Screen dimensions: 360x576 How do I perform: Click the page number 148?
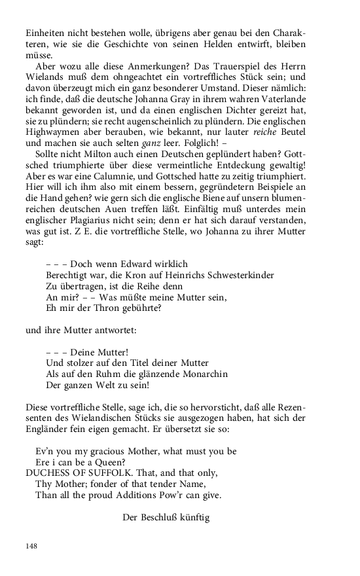[x=32, y=546]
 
